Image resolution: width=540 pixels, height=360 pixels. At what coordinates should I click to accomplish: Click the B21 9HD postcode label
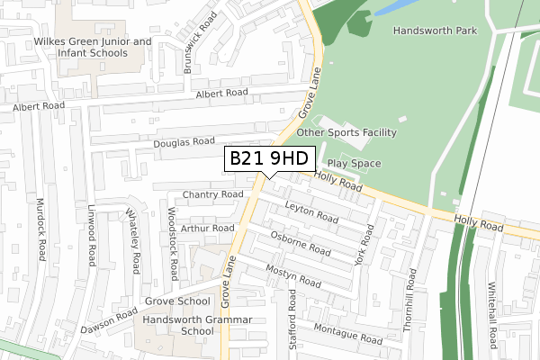click(x=269, y=158)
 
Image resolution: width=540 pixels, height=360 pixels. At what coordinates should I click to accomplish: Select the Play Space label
click(x=354, y=163)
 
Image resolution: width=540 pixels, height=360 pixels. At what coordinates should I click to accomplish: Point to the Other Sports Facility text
click(x=346, y=132)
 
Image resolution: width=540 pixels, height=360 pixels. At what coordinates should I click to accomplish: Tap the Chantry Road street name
click(x=212, y=194)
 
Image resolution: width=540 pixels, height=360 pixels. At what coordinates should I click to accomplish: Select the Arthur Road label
click(x=207, y=229)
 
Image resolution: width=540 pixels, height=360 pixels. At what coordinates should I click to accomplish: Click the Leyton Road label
click(x=310, y=211)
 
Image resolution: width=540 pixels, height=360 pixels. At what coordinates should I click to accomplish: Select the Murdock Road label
click(x=40, y=230)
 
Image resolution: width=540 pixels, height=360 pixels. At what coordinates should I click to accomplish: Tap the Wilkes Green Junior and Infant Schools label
click(x=92, y=48)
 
